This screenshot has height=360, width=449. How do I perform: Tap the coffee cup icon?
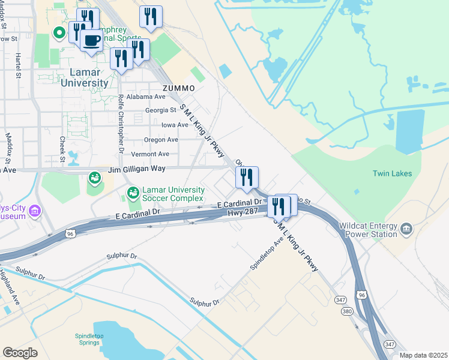point(91,40)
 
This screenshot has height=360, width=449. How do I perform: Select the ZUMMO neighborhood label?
point(179,88)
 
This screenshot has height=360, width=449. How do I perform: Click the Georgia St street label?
point(161,110)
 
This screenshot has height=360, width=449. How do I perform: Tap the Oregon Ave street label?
point(161,140)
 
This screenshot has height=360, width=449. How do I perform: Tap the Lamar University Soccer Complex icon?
point(133,193)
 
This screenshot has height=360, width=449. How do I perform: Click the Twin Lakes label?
point(393,173)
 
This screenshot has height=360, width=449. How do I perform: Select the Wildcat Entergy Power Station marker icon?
point(406,229)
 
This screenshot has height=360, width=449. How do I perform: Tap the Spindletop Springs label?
point(91,340)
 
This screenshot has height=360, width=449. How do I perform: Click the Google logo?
point(20,352)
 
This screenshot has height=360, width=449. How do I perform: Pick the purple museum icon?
point(34,211)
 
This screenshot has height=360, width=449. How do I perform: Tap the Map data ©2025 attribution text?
point(423,355)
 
